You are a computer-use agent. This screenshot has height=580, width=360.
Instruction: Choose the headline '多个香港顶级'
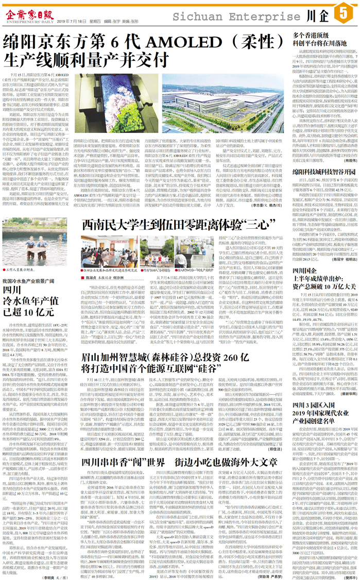(x=314, y=37)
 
